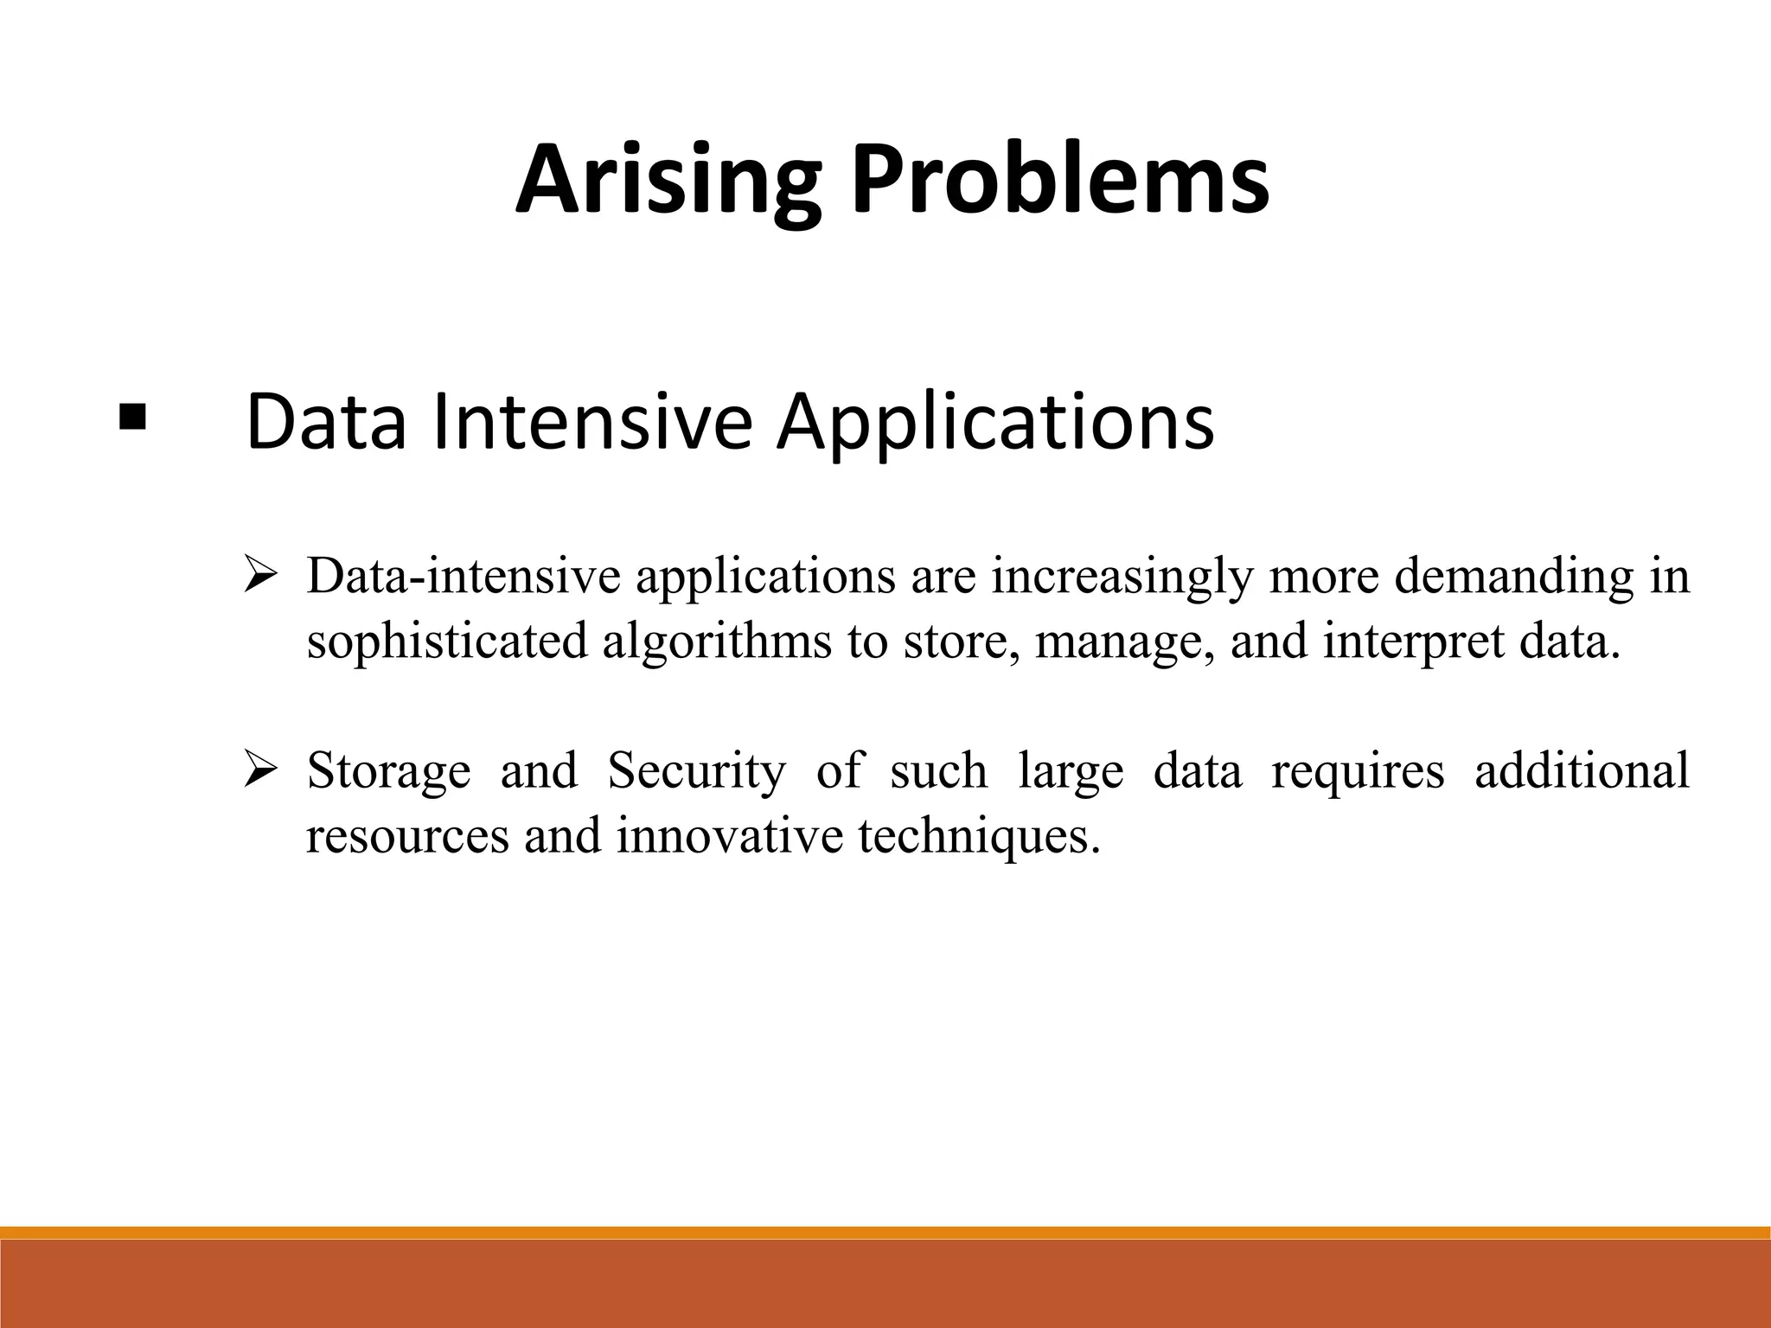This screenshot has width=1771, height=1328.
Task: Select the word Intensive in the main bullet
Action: (x=591, y=422)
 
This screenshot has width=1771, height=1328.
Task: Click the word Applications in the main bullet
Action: (x=994, y=424)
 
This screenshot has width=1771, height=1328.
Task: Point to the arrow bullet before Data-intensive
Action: (x=259, y=576)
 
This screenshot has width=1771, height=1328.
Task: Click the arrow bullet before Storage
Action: (x=259, y=769)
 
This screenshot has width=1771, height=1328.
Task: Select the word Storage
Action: (x=388, y=771)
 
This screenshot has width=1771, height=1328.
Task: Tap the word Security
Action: (x=697, y=771)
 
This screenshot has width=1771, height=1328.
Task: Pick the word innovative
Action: (x=729, y=835)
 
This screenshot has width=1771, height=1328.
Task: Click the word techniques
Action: (x=979, y=837)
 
